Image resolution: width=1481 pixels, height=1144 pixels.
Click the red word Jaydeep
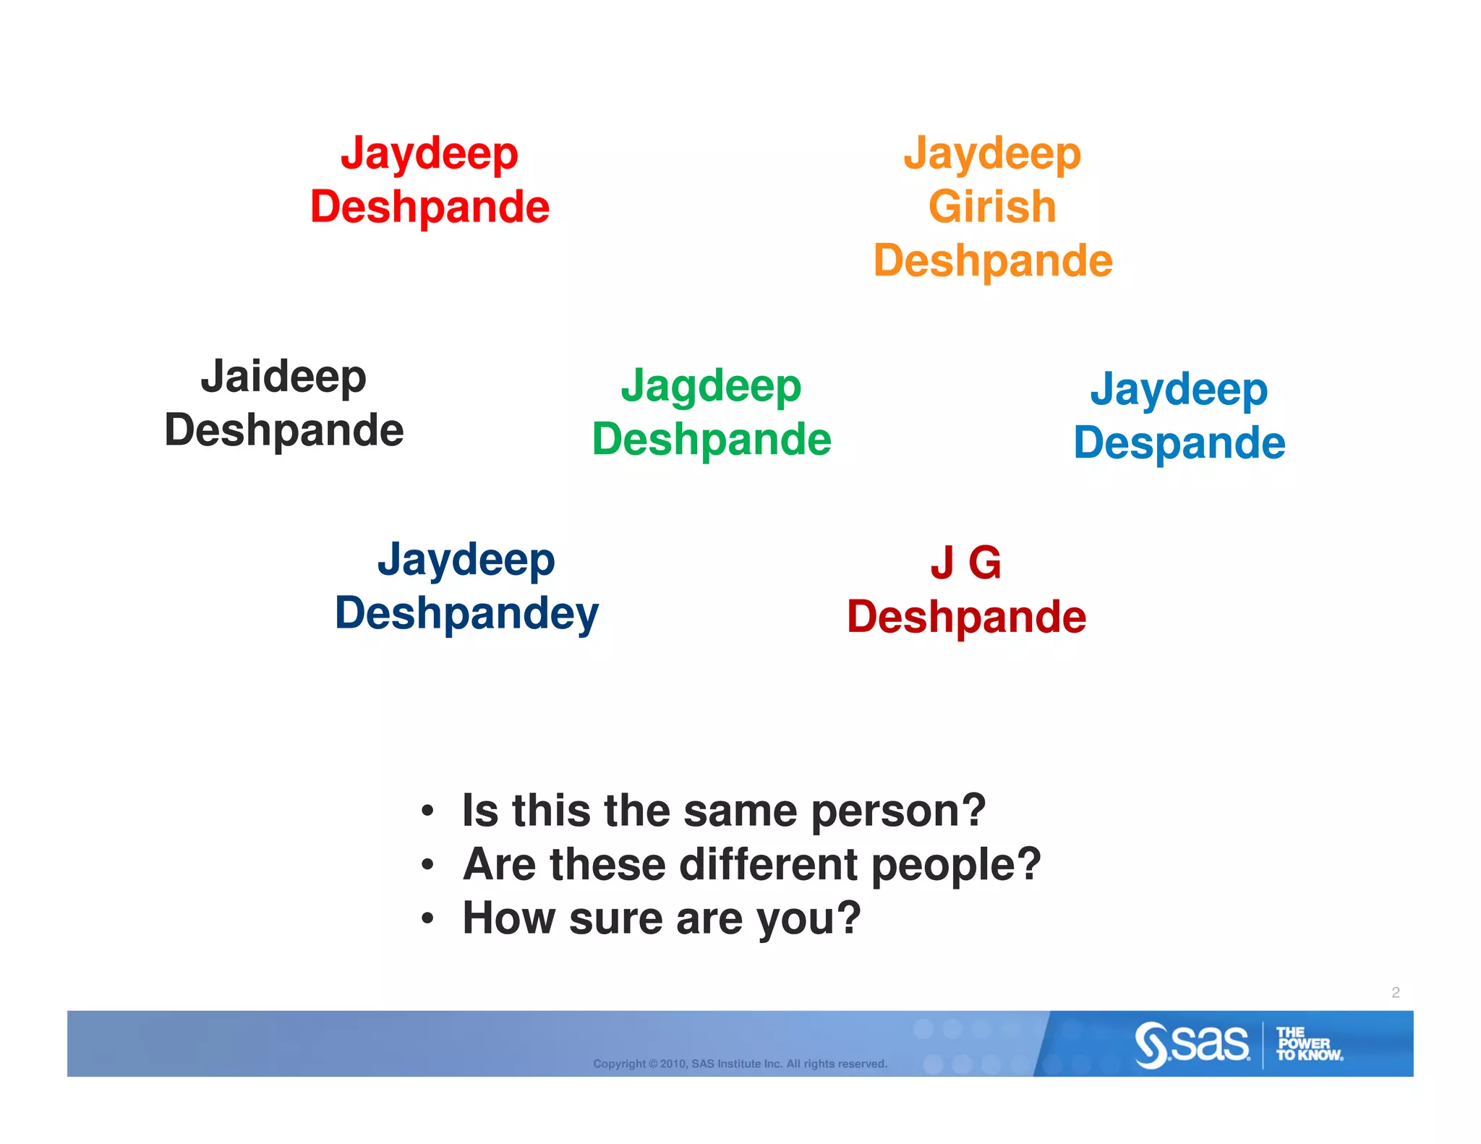tap(430, 154)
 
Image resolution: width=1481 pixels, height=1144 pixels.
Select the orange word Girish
tap(992, 207)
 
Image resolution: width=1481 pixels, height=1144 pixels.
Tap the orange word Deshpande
tap(993, 261)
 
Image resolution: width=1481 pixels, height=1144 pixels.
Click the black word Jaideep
tap(283, 377)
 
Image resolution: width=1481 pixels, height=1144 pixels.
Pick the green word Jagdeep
tap(711, 386)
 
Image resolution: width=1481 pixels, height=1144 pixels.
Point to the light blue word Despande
tap(1179, 443)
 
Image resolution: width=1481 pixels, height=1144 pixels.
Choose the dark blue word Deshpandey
tap(466, 614)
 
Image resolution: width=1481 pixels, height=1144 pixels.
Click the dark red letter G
tap(985, 563)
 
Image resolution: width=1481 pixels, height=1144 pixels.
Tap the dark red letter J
tap(942, 563)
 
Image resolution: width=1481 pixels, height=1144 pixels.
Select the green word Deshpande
tap(712, 440)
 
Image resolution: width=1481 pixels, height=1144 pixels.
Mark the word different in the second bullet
tap(768, 864)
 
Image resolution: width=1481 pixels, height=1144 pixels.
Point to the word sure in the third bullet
tap(616, 918)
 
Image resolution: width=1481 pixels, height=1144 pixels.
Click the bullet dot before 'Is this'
tap(428, 811)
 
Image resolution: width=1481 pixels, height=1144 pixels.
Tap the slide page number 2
tap(1395, 992)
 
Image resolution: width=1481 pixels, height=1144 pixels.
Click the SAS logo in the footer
tap(1192, 1044)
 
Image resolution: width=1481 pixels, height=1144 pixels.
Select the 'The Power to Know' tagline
tap(1307, 1044)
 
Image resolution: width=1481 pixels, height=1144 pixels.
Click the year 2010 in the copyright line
tap(673, 1064)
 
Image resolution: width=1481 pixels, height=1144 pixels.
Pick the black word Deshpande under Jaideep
tap(283, 430)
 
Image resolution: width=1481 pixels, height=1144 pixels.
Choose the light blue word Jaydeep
tap(1179, 390)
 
